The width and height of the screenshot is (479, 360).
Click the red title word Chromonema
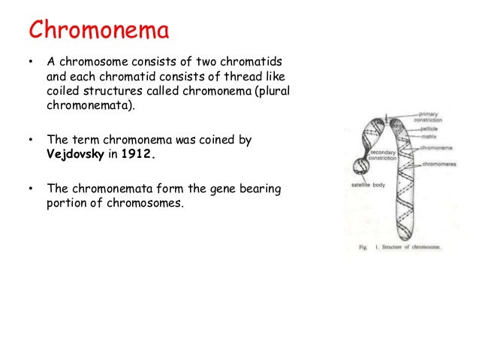[x=99, y=32]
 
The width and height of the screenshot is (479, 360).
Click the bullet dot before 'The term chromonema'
[x=29, y=140]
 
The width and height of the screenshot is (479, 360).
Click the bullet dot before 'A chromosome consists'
[x=29, y=62]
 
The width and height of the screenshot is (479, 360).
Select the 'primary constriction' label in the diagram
[x=429, y=117]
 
